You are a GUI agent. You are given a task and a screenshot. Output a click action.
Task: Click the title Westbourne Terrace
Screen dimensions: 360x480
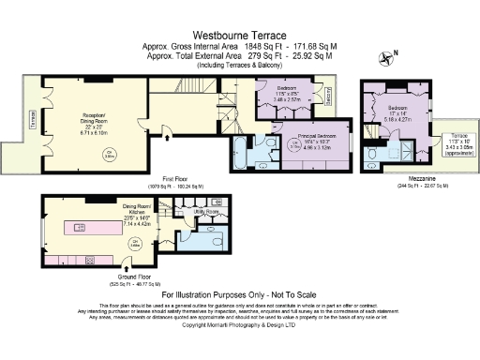coord(239,31)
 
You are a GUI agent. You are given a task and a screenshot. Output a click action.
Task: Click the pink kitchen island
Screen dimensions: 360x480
coord(83,228)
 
